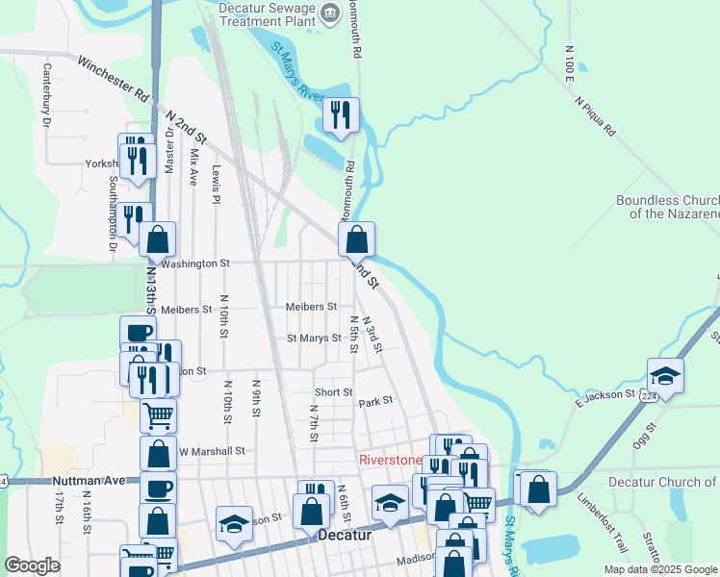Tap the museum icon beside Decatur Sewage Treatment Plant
[330, 13]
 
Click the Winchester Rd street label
[115, 83]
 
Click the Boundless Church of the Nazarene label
[668, 207]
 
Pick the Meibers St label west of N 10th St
[186, 310]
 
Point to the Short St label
[333, 392]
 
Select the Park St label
[376, 400]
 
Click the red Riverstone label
[390, 460]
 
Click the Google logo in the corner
[32, 565]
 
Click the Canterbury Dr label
[45, 95]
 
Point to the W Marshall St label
[212, 450]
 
